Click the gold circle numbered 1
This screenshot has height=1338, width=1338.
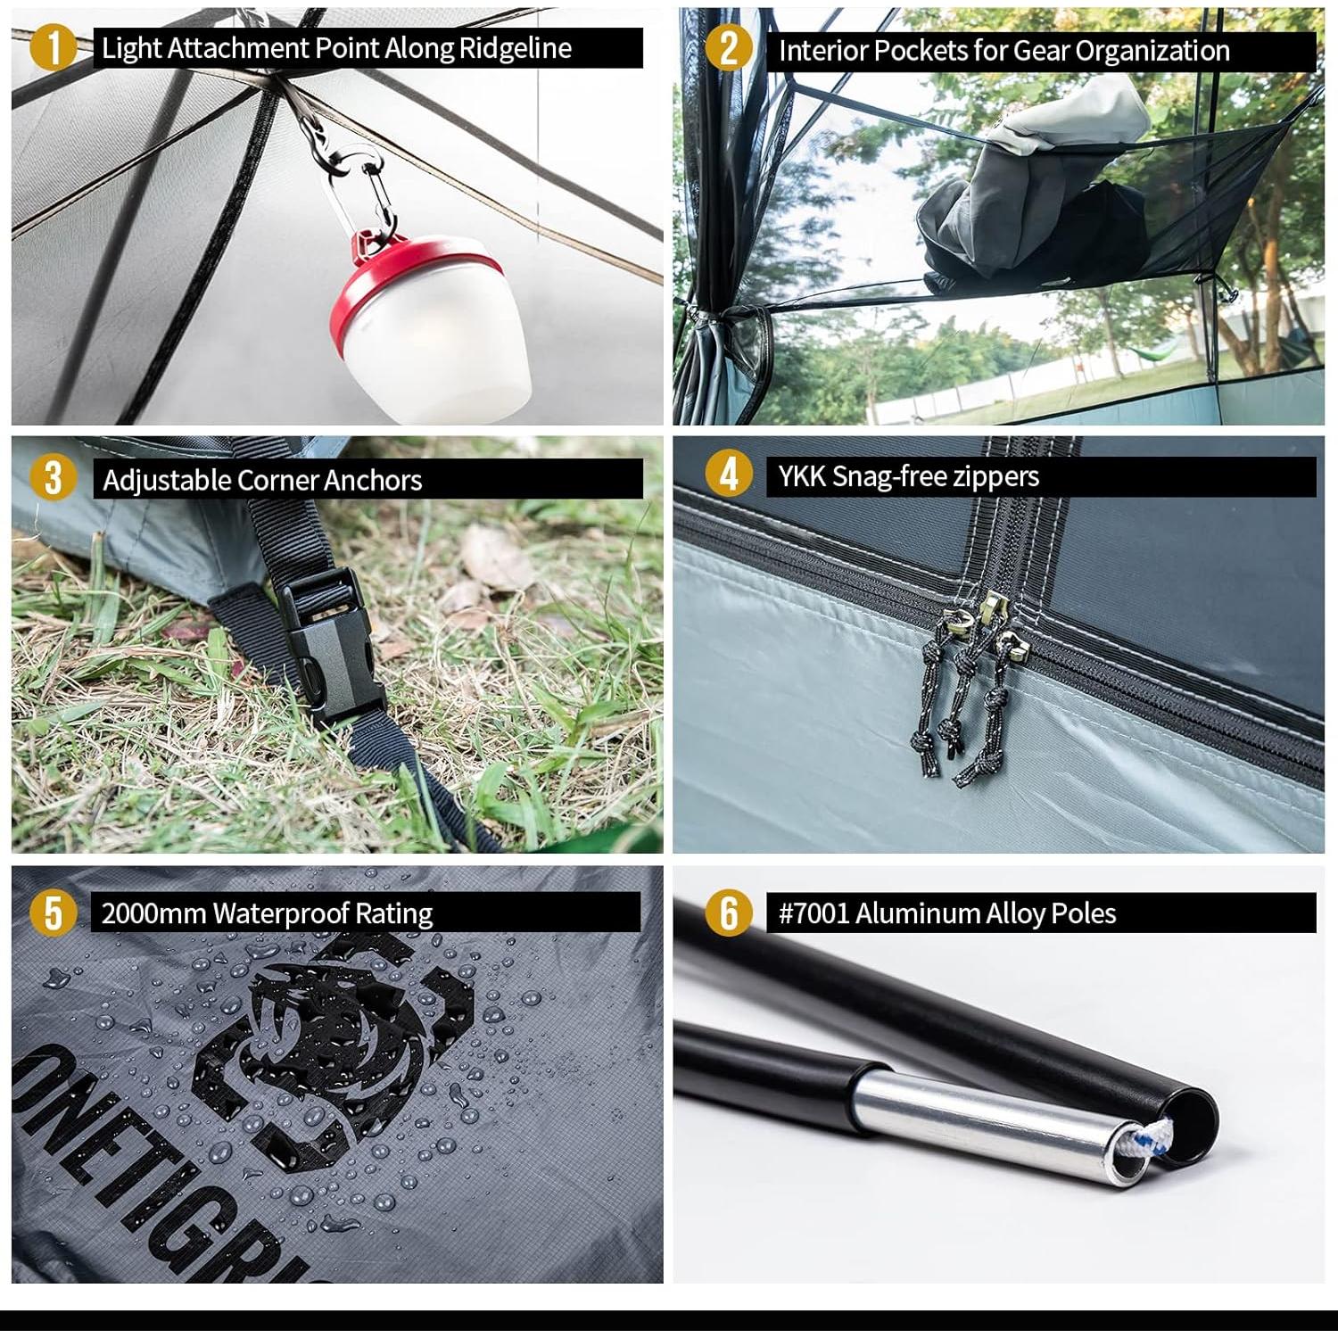pos(53,48)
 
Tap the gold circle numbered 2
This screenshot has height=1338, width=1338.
pos(728,48)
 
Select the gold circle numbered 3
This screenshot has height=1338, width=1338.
pos(53,478)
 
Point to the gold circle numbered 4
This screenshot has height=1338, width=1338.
pos(728,474)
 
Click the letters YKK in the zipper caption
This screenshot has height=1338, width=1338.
pos(802,476)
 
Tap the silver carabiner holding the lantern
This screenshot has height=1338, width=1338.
pos(355,192)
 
